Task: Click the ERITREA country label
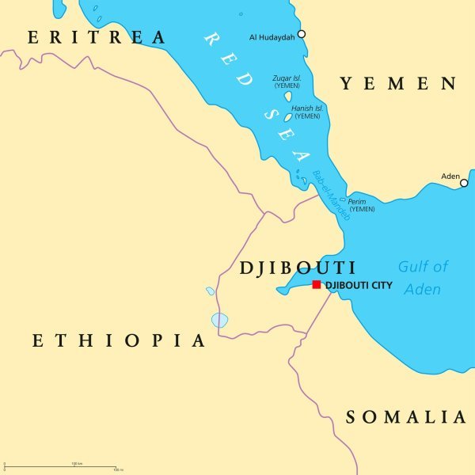coord(97,37)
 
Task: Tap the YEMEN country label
coord(398,84)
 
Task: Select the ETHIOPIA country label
coord(119,341)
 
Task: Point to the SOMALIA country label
coord(405,417)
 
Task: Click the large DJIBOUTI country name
coord(298,268)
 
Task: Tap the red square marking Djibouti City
coord(317,284)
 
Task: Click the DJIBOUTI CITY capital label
coord(358,284)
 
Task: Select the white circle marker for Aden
coord(464,183)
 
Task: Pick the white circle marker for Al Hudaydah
coord(301,34)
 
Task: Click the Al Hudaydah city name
coord(271,36)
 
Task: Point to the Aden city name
coord(450,176)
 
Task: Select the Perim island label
coord(361,204)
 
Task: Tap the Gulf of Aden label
coord(423,278)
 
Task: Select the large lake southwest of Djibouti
coord(219,320)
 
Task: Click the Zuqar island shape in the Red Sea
coord(288,97)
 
